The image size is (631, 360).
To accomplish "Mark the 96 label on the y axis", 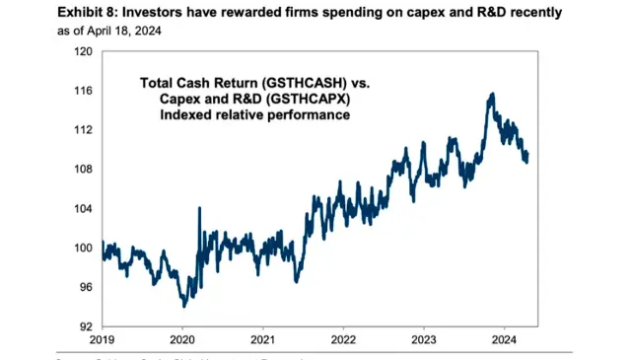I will click(x=85, y=287).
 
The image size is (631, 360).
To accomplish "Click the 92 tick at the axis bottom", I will click(x=85, y=326).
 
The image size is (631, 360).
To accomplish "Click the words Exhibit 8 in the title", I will click(x=35, y=12).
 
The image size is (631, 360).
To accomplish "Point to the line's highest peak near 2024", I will click(x=491, y=94).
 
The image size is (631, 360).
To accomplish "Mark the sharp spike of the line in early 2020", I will click(x=200, y=208).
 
